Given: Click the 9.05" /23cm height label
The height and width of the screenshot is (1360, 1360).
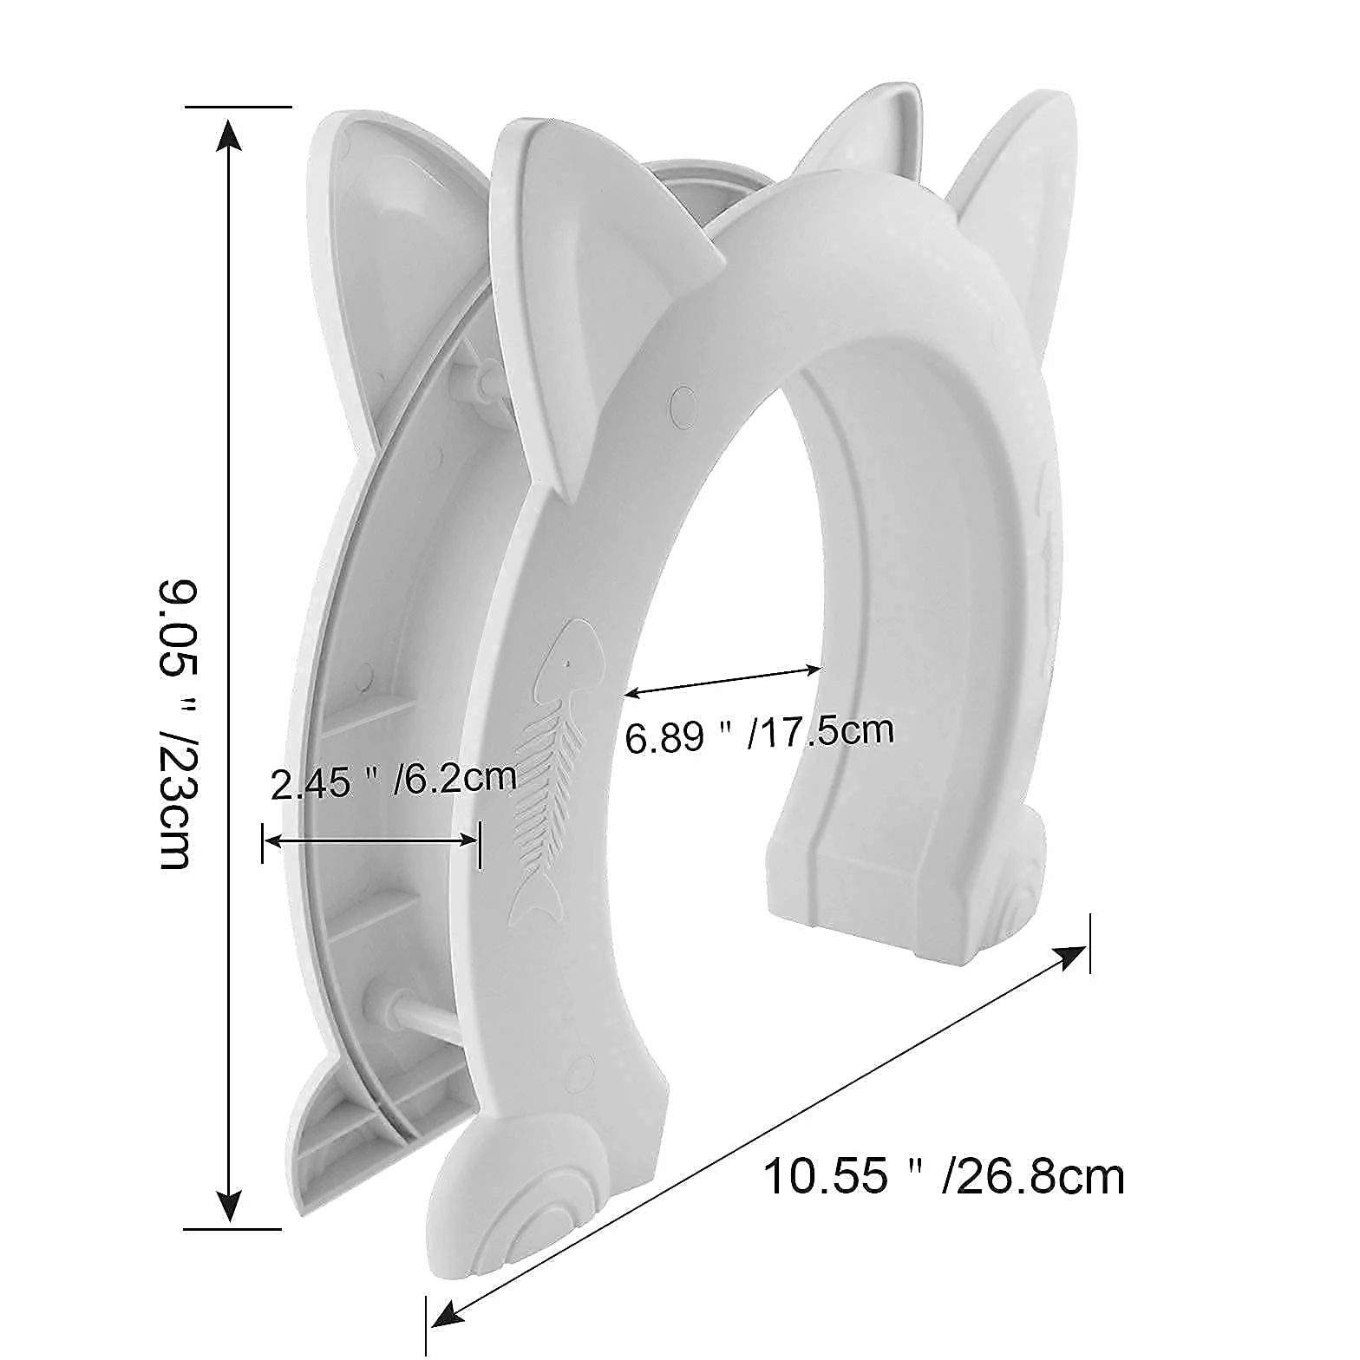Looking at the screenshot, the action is click(x=176, y=723).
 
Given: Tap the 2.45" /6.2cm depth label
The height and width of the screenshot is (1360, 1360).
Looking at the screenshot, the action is click(x=393, y=781).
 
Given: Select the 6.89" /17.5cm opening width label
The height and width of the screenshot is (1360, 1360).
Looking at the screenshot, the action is click(x=759, y=734).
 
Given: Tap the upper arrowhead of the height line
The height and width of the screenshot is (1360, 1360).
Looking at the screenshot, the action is click(x=228, y=134).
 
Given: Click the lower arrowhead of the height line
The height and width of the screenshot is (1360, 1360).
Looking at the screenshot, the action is click(x=228, y=1205).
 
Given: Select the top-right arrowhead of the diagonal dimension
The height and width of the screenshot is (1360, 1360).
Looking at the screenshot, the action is click(x=1069, y=957).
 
